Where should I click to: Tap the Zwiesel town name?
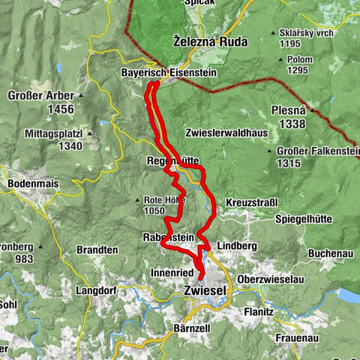click(205, 289)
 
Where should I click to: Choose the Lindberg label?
click(236, 246)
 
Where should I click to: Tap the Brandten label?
click(97, 250)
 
